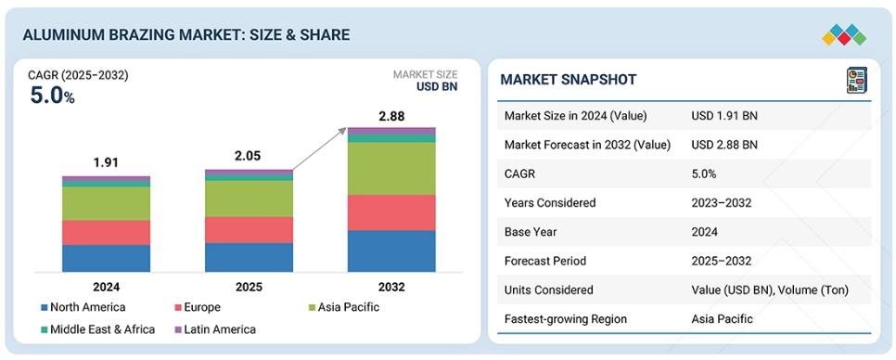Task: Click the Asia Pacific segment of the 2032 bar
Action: [x=391, y=169]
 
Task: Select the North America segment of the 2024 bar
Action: [x=107, y=258]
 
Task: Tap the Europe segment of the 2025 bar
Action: [x=250, y=230]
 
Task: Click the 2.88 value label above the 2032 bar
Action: [x=391, y=117]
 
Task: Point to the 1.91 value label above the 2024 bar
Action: [x=107, y=163]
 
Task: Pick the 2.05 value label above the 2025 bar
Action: [x=250, y=156]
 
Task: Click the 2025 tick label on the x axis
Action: [x=250, y=287]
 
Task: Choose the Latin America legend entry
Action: [x=215, y=329]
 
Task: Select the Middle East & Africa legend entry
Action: [x=97, y=329]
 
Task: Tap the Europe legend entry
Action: [x=198, y=307]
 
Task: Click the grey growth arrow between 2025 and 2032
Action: [x=319, y=149]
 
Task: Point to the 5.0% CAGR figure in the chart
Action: [x=52, y=96]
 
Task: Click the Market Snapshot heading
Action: [x=568, y=80]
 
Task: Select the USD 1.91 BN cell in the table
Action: [x=724, y=116]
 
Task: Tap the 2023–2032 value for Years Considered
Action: [x=721, y=203]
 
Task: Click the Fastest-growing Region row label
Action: [x=566, y=319]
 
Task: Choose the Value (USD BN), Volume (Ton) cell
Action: [x=770, y=289]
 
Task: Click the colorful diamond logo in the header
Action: [x=844, y=35]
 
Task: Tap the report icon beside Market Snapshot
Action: [x=856, y=80]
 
